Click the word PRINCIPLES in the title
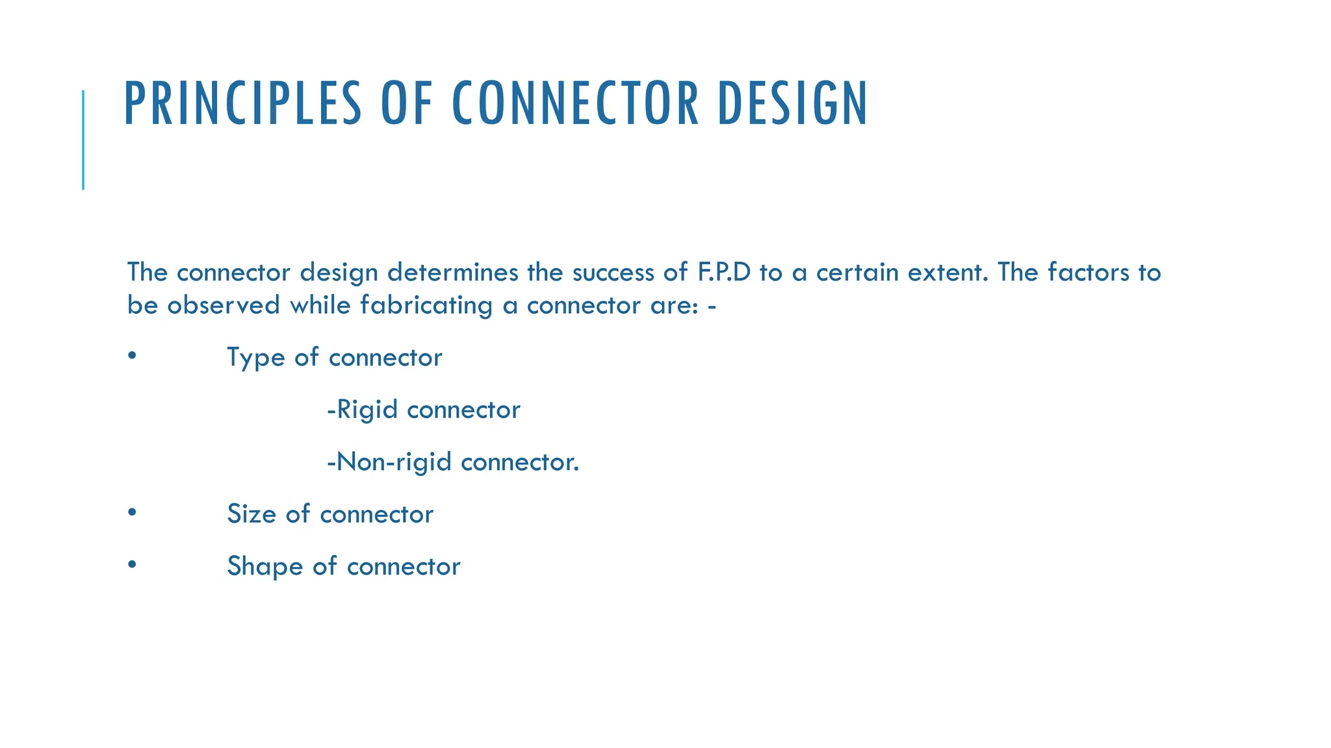242,103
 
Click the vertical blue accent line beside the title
83,140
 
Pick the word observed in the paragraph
224,305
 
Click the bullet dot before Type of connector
132,356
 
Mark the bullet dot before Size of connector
132,512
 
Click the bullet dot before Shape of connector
132,564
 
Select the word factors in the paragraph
1089,272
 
